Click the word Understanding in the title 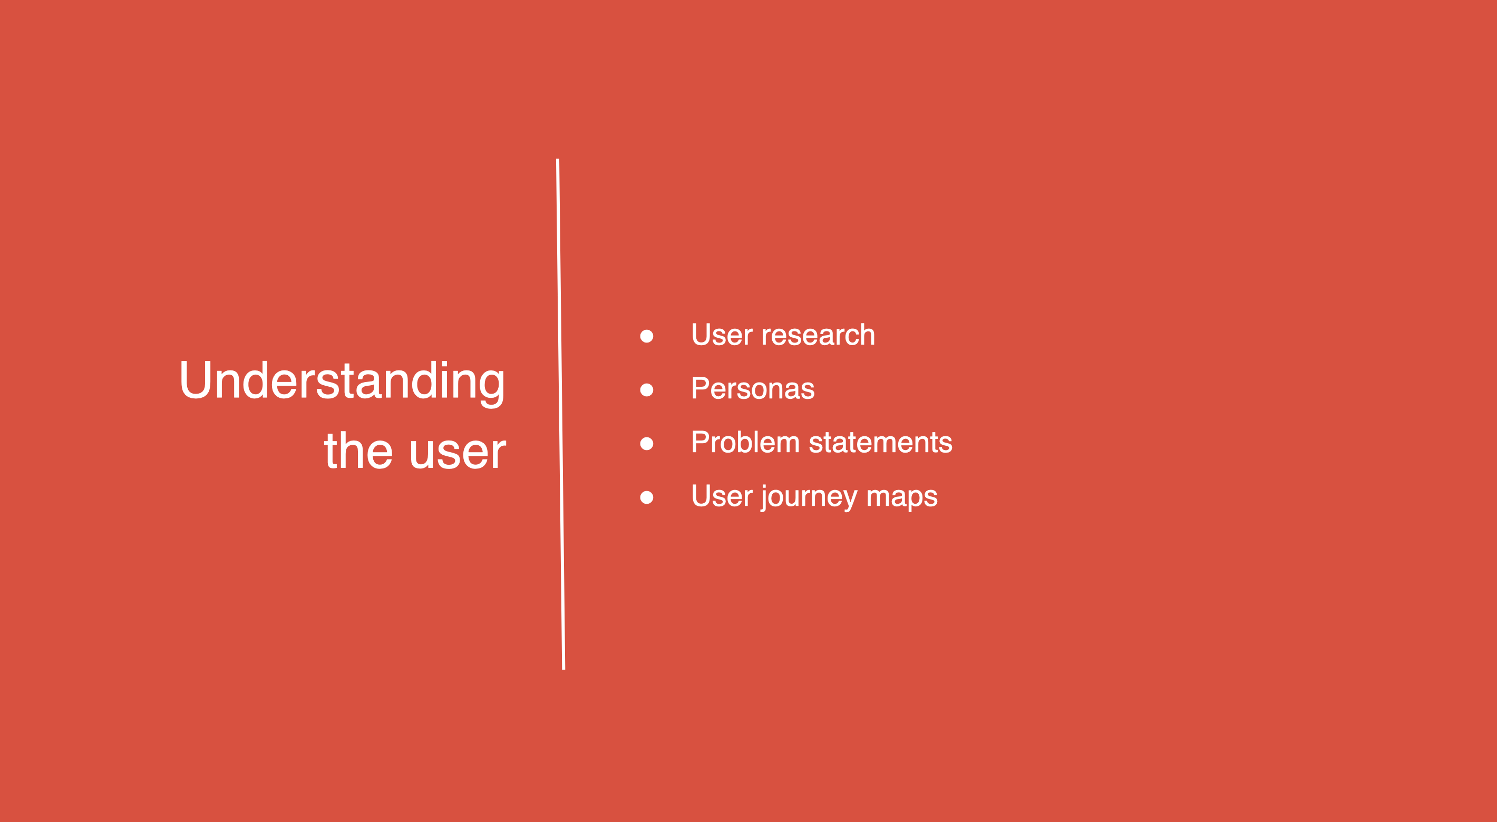[x=342, y=382]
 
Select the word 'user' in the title [x=458, y=453]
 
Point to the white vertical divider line [x=560, y=414]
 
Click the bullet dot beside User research [x=646, y=336]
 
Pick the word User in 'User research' [x=722, y=335]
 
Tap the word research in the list [x=818, y=335]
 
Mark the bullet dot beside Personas [x=646, y=389]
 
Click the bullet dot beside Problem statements [x=646, y=443]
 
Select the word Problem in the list [x=745, y=443]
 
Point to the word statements [x=880, y=443]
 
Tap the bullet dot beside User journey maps [x=646, y=497]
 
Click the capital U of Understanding [x=195, y=380]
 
